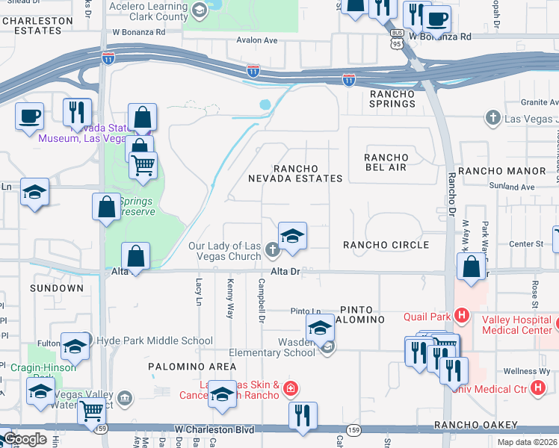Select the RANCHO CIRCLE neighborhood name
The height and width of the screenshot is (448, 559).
tap(386, 245)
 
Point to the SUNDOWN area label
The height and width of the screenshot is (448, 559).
tap(57, 287)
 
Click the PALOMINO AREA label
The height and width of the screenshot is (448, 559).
tap(192, 367)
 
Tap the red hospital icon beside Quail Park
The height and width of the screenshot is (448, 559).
tap(462, 316)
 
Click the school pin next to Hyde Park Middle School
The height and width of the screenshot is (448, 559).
tap(75, 346)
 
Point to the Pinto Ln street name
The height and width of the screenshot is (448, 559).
tap(306, 311)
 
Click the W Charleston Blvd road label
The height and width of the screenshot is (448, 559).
tap(214, 430)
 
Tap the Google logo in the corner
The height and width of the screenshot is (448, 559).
tap(25, 440)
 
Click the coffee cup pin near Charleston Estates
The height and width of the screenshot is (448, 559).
tap(29, 116)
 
